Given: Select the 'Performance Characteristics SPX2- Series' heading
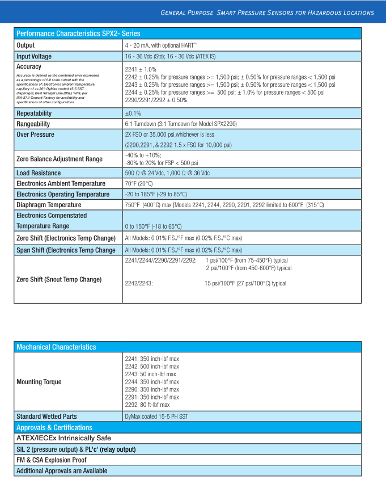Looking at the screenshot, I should pyautogui.click(x=78, y=34).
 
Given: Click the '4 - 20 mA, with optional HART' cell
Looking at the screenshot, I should pyautogui.click(x=161, y=45).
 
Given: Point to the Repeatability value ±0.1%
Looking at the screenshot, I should pyautogui.click(x=133, y=113).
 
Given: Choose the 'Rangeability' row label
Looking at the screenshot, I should pyautogui.click(x=33, y=124).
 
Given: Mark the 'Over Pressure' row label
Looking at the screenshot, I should pyautogui.click(x=36, y=134).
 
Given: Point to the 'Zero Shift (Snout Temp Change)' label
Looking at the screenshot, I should pyautogui.click(x=59, y=279).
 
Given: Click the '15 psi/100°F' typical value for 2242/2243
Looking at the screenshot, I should pyautogui.click(x=245, y=283).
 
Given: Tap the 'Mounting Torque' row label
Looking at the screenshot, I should pyautogui.click(x=39, y=382).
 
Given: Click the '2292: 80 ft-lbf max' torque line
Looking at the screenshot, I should pyautogui.click(x=147, y=405).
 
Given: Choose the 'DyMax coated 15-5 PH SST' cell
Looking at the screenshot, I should pyautogui.click(x=156, y=417).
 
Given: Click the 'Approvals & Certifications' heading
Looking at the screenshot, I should pyautogui.click(x=54, y=427).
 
